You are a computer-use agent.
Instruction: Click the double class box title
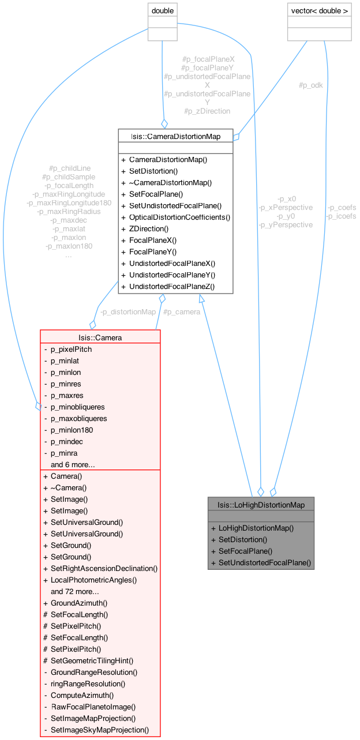162,10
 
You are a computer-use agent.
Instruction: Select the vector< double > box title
319,10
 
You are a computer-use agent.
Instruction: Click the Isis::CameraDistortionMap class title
175,136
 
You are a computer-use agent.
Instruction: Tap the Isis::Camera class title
100,337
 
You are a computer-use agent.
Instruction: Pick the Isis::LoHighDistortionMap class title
261,505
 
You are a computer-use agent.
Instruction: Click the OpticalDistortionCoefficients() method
179,217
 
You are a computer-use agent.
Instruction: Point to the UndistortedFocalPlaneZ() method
171,286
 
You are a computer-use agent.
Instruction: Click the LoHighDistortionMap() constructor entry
256,528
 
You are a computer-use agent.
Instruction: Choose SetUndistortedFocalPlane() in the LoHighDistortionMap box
265,562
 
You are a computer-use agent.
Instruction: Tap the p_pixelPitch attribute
71,349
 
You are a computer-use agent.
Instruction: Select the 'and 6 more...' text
73,464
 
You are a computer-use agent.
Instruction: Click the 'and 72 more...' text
74,591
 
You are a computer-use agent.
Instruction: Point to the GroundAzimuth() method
79,603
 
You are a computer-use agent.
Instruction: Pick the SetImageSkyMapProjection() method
100,730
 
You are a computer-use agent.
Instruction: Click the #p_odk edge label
310,85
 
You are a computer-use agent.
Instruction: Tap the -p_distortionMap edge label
127,312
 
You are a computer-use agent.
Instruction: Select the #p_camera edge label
182,312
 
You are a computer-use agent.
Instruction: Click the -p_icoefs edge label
342,216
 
